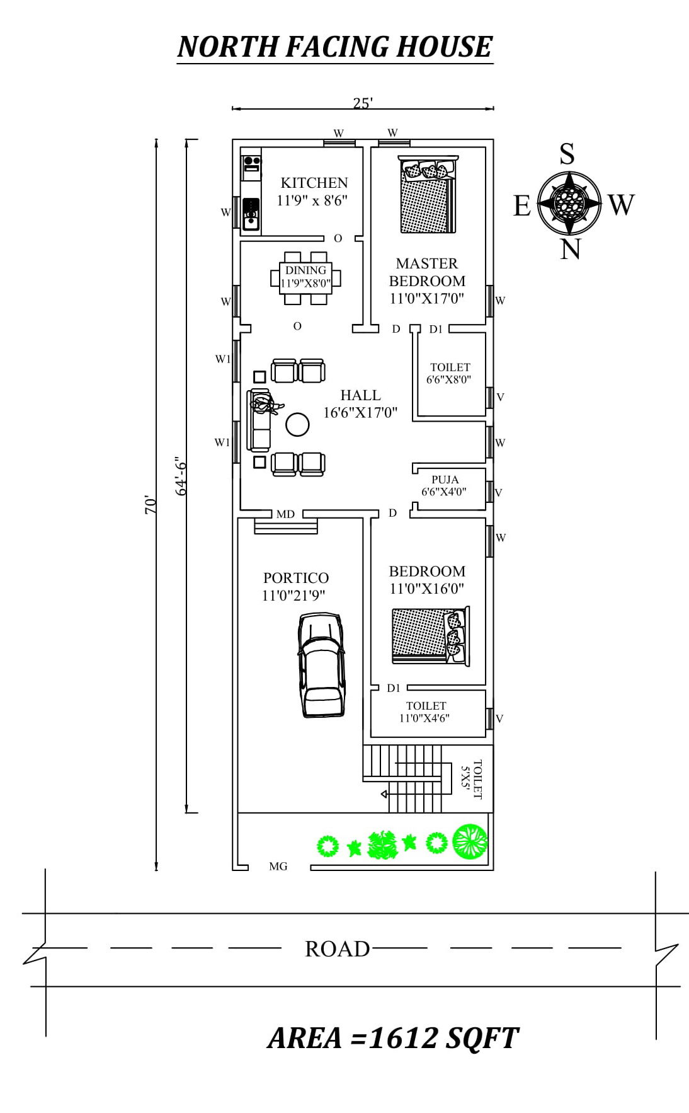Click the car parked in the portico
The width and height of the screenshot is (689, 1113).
click(322, 666)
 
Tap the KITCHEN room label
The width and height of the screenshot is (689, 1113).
click(314, 183)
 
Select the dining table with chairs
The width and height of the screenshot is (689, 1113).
click(306, 278)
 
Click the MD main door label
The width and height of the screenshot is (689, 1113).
click(285, 514)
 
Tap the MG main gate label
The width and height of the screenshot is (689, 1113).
click(278, 867)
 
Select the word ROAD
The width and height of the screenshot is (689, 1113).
click(337, 949)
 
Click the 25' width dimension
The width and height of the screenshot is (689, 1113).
click(363, 103)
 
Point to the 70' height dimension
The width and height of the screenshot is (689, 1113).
click(151, 505)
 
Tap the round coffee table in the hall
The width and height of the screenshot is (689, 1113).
click(297, 425)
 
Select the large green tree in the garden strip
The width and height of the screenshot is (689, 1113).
click(470, 841)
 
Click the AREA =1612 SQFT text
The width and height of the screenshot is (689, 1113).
click(393, 1038)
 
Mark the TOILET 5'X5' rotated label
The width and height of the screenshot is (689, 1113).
click(472, 780)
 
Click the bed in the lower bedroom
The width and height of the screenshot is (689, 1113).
click(430, 635)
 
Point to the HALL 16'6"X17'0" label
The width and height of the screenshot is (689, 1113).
click(360, 404)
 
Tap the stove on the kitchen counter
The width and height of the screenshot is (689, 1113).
click(251, 164)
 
